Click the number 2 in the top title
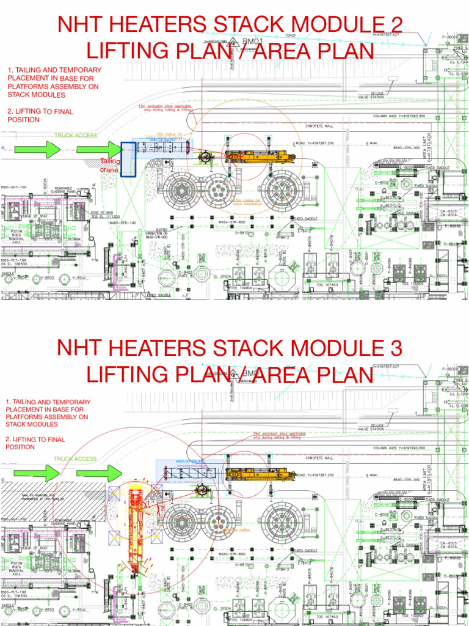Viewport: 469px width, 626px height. tap(395, 25)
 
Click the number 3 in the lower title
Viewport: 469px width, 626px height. tap(395, 348)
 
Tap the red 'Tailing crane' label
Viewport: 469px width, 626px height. tap(110, 165)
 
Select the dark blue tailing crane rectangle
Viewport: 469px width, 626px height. tap(128, 160)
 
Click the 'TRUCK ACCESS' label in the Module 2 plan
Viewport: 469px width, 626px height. tap(76, 135)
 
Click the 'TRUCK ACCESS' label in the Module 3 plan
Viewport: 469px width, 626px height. tap(75, 458)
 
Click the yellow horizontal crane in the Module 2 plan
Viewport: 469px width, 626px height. tap(260, 156)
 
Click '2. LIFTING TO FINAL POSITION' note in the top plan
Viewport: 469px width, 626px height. tap(40, 116)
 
